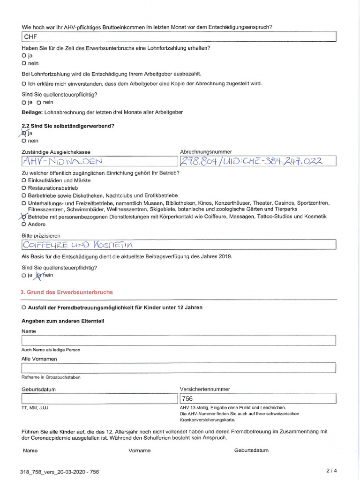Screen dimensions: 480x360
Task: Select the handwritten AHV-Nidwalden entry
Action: (99, 161)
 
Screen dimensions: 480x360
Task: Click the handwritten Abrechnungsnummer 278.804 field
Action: (257, 161)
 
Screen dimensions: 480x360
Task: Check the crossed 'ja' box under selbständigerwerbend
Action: (23, 133)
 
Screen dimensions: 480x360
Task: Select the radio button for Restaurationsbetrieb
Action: (23, 188)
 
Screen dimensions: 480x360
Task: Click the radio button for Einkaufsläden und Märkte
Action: (23, 180)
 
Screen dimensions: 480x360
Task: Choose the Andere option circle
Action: (23, 225)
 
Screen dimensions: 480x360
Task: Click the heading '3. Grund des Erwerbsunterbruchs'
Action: (67, 292)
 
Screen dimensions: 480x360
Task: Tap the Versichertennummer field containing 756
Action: (257, 398)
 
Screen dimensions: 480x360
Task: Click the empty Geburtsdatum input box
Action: (99, 398)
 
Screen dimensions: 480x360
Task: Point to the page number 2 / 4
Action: (331, 471)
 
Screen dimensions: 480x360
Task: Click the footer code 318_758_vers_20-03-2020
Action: (60, 472)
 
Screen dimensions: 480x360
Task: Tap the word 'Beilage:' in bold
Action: (32, 112)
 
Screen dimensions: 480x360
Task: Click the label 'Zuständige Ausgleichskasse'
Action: (56, 152)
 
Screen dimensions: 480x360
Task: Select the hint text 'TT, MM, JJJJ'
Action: (35, 408)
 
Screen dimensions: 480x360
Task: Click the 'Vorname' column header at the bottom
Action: (140, 450)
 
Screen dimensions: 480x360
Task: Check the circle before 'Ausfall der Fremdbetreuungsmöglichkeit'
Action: (23, 307)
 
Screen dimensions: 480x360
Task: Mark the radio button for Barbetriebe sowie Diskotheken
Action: (23, 195)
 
